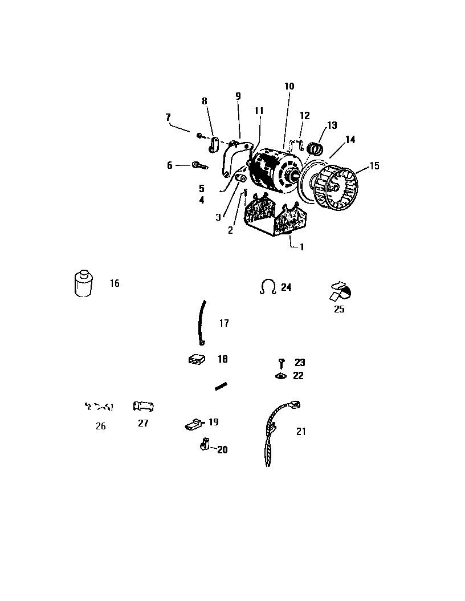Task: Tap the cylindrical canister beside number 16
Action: pos(83,282)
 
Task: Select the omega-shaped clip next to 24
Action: pos(268,287)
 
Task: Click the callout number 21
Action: pos(301,432)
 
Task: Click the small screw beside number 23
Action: pos(282,362)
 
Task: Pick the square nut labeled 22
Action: pos(281,376)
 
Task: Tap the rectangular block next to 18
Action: pos(197,360)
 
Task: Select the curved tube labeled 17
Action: pos(201,323)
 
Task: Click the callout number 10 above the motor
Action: pos(289,86)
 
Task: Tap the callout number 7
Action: pos(168,117)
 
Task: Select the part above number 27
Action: pos(143,407)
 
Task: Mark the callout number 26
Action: pos(100,426)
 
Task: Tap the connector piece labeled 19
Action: pos(193,424)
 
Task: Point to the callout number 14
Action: pos(350,139)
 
